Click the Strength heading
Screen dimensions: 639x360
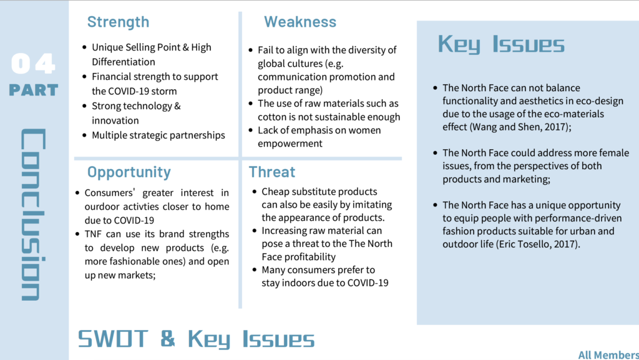118,22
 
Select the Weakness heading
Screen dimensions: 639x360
300,22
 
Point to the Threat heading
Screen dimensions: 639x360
272,172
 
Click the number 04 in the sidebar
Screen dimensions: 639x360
33,64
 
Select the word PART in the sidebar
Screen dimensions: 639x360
34,90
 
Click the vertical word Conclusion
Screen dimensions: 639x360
33,215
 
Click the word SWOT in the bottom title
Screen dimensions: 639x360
113,339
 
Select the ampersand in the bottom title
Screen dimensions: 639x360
168,339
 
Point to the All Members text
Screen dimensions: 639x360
608,355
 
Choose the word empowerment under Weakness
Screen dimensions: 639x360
290,144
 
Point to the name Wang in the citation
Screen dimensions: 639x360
484,127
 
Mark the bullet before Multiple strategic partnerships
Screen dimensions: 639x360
84,135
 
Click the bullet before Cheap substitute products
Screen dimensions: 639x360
255,192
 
